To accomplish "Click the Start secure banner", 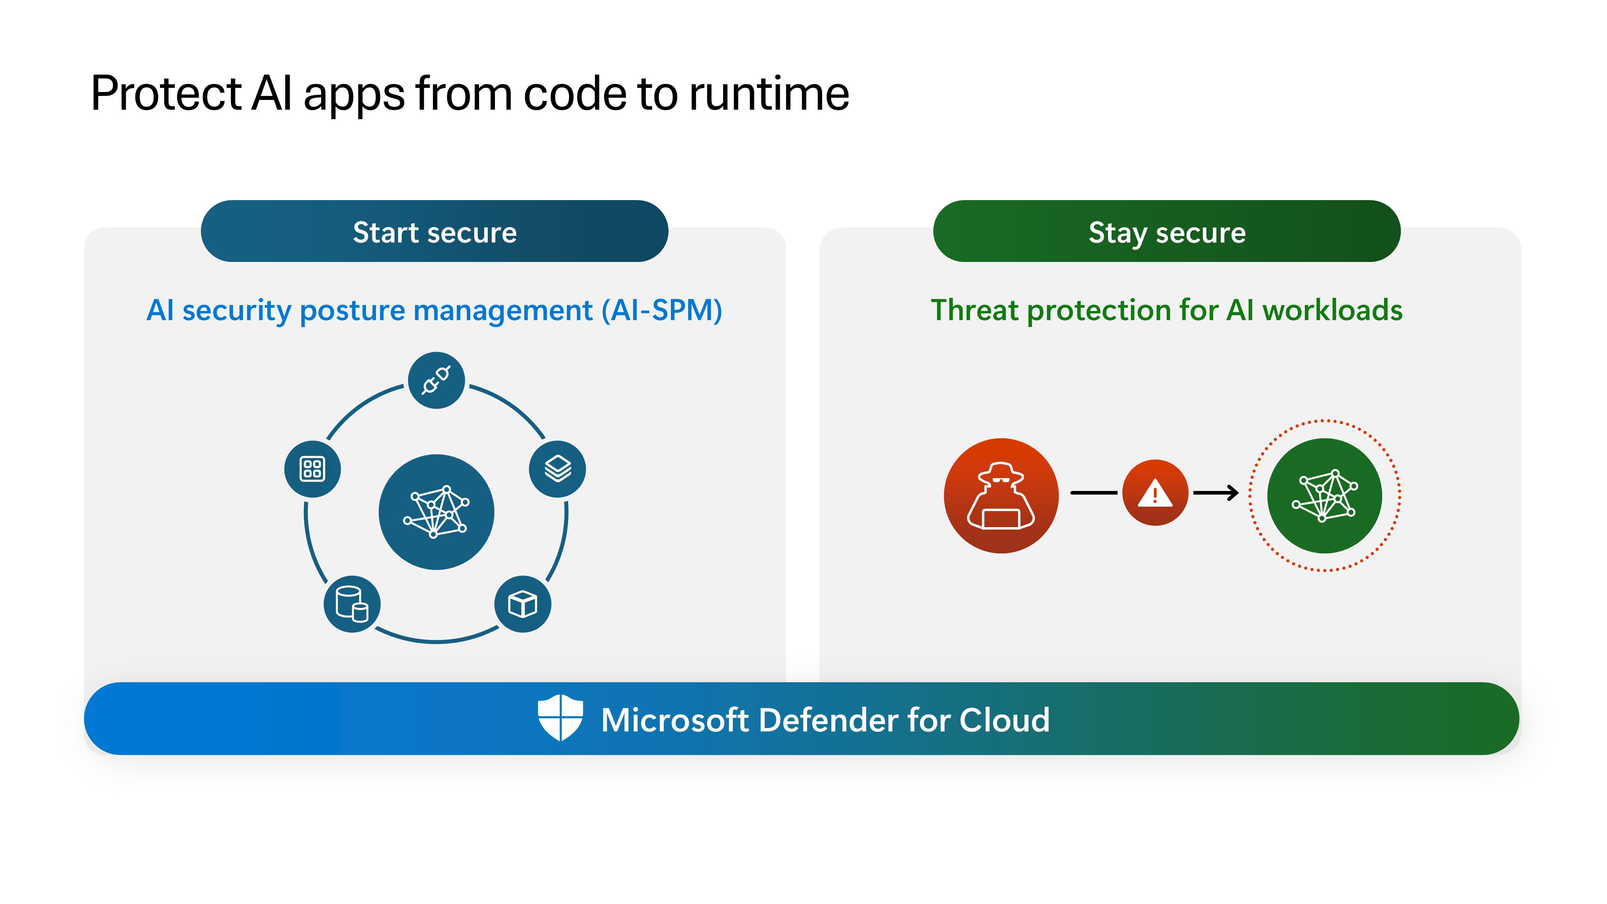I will (x=434, y=231).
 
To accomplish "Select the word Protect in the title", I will (x=165, y=94).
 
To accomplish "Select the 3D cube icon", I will (x=522, y=604).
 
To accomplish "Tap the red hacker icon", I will (x=1001, y=495).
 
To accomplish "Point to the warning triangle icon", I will (x=1155, y=493).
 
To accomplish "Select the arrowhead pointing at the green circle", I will (x=1232, y=493).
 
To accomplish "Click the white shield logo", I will (x=560, y=718).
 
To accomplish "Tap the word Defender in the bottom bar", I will (x=828, y=720).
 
